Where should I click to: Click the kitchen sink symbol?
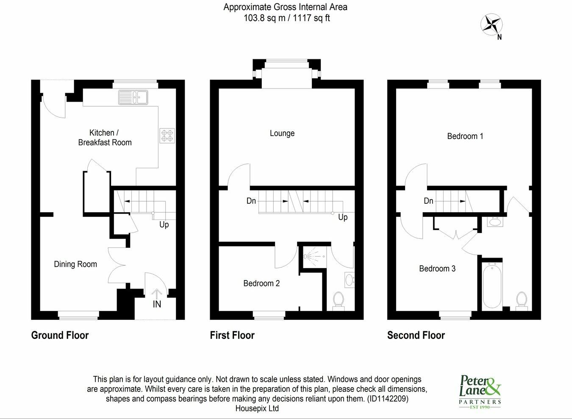(133, 97)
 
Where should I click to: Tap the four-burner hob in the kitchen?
(167, 136)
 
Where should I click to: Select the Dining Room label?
(75, 264)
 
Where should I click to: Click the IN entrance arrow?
(156, 294)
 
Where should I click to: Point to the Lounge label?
(282, 133)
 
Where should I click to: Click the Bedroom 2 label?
(261, 283)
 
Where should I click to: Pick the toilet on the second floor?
(522, 301)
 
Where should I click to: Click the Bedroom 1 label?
(465, 136)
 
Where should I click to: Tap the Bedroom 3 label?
(437, 268)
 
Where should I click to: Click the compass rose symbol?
(491, 25)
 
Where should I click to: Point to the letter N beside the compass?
(500, 37)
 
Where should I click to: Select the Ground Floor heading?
(60, 335)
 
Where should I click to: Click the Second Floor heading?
(416, 335)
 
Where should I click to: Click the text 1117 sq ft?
(311, 18)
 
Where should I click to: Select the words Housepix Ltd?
(257, 408)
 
